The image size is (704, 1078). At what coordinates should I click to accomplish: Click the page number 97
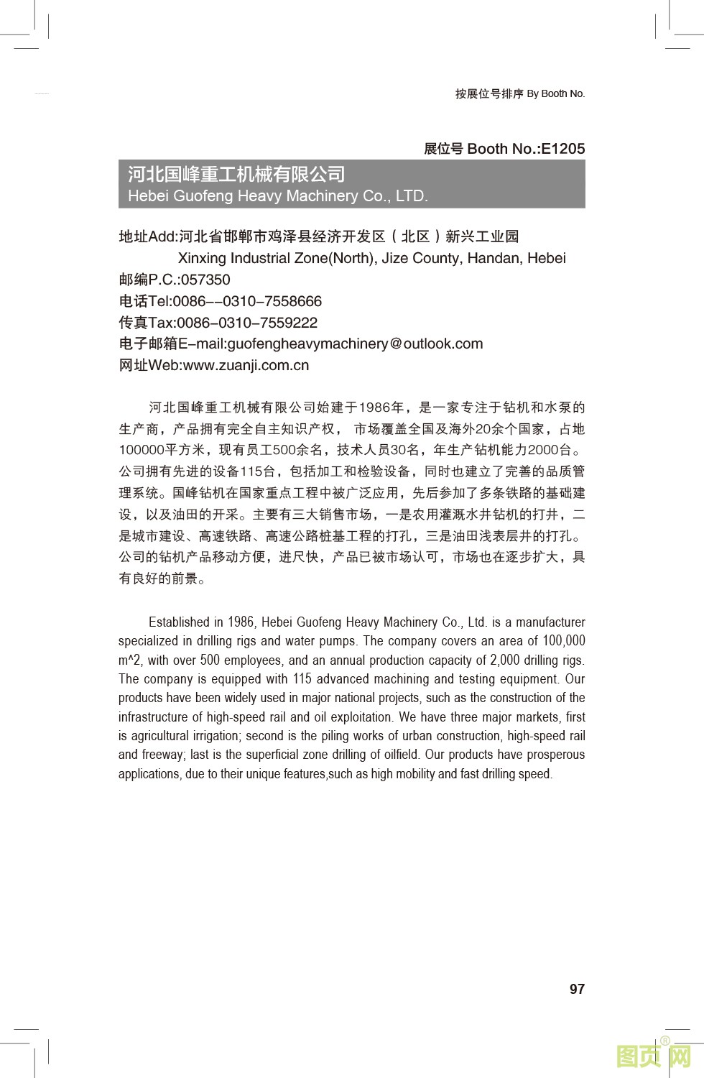577,989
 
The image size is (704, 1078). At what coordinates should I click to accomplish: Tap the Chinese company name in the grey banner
236,174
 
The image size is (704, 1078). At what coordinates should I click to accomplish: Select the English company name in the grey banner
277,195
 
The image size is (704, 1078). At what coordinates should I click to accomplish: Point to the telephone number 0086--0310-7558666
247,301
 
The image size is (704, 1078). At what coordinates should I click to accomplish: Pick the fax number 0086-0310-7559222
247,323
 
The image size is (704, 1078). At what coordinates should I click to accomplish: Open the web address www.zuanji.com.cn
246,365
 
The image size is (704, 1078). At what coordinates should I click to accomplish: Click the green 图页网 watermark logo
654,1055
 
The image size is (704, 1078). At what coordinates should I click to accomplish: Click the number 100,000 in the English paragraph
564,641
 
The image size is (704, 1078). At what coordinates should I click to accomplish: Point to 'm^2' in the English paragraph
131,660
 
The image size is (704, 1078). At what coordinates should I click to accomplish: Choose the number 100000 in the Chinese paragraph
142,451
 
